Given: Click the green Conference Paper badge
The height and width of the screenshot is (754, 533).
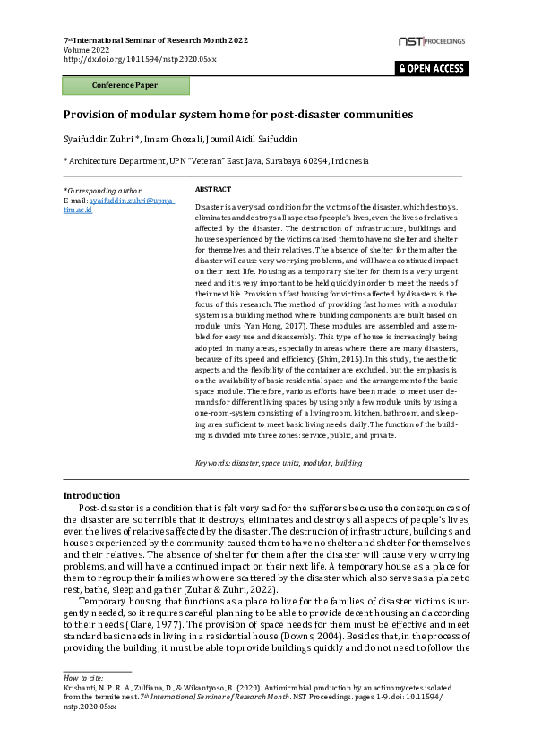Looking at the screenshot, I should pos(125,86).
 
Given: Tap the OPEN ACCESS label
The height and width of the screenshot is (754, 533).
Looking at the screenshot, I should pos(432,68).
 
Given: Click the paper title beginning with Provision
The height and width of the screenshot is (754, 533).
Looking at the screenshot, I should pos(237,115).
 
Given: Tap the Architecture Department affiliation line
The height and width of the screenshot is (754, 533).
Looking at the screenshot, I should pos(215,161).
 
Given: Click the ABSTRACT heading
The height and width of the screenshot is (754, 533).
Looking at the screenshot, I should pos(212,190).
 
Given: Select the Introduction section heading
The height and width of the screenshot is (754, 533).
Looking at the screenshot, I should pos(91,496).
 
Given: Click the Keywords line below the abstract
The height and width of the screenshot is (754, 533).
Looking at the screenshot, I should pos(278,463).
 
